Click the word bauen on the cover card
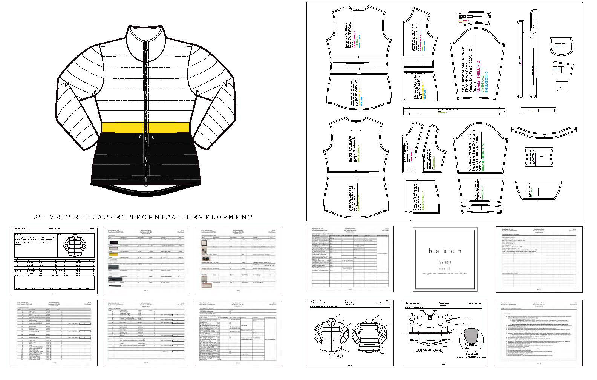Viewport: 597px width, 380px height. click(442, 251)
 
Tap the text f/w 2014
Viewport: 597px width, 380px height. click(442, 262)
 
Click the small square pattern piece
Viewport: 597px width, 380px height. click(562, 87)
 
